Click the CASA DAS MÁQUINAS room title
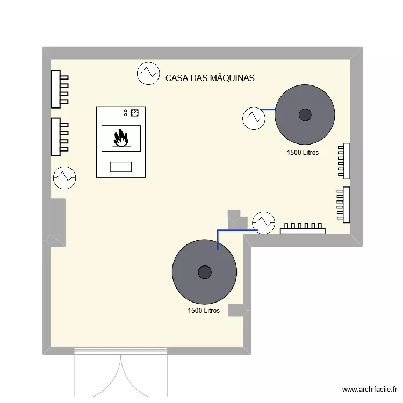pos(210,78)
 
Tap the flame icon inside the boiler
pos(121,138)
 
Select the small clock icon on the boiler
pos(134,112)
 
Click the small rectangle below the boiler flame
pos(121,167)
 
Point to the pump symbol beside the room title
pos(148,73)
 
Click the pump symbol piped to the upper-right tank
pos(254,118)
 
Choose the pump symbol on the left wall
pos(64,177)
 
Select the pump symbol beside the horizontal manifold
pos(263,221)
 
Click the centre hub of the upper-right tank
pos(305,114)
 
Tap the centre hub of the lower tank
pos(204,272)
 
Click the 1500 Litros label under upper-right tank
pos(303,153)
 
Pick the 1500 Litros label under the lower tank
pos(204,311)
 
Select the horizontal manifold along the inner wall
pos(303,229)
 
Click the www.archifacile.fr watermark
pos(371,390)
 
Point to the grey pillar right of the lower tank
pos(236,310)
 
